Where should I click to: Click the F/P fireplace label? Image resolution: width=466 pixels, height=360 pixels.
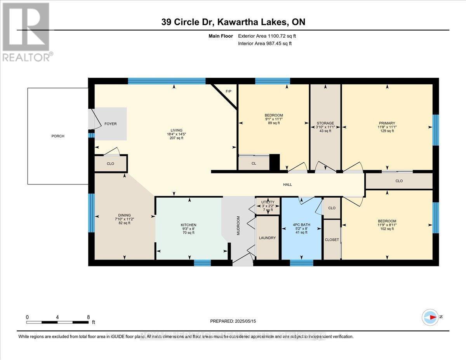[x=229, y=92]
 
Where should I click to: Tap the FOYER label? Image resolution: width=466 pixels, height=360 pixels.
[x=111, y=124]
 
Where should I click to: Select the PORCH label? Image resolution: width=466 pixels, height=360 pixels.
[x=58, y=136]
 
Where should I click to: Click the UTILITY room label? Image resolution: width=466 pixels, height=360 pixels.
[x=268, y=202]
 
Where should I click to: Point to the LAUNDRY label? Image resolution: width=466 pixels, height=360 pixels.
[x=268, y=238]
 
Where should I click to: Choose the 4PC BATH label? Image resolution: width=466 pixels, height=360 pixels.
[x=301, y=224]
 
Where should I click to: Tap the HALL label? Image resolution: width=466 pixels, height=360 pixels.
[x=287, y=184]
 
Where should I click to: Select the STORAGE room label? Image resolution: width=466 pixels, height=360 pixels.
[x=325, y=123]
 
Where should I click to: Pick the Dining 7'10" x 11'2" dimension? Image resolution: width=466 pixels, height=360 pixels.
[x=124, y=219]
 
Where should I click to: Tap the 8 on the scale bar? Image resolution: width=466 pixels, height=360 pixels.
[x=88, y=317]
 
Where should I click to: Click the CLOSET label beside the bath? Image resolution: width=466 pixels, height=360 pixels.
[x=332, y=240]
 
